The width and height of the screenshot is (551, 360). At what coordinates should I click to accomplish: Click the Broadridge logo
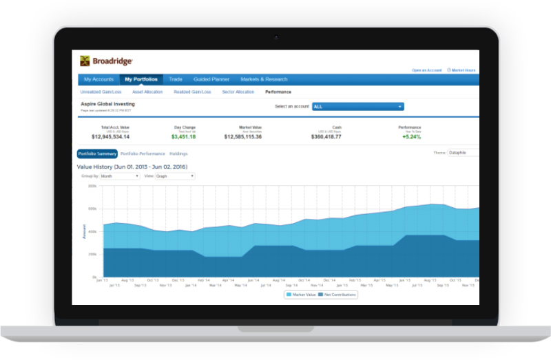click(x=106, y=61)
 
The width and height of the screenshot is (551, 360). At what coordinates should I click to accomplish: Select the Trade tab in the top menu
click(x=176, y=80)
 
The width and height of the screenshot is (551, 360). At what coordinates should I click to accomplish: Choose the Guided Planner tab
click(x=211, y=80)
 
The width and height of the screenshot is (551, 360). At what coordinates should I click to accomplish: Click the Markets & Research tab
click(x=264, y=80)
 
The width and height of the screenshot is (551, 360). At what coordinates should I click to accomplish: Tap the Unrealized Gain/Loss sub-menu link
click(x=100, y=92)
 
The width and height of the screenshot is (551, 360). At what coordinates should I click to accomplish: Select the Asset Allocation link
click(x=147, y=92)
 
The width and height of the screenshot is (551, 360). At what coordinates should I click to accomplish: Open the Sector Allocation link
click(x=238, y=92)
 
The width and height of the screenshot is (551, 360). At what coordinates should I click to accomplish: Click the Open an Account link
click(x=426, y=70)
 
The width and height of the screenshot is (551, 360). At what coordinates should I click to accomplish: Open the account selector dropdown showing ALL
click(x=357, y=107)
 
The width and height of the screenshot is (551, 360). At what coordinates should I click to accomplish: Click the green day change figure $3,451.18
click(x=183, y=137)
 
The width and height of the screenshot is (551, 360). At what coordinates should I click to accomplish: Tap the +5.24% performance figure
click(x=412, y=137)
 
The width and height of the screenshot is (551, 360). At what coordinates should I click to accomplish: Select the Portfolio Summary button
click(x=97, y=153)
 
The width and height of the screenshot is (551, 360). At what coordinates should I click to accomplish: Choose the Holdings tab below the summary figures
click(x=178, y=153)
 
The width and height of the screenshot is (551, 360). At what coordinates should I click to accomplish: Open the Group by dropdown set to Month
click(x=119, y=176)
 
